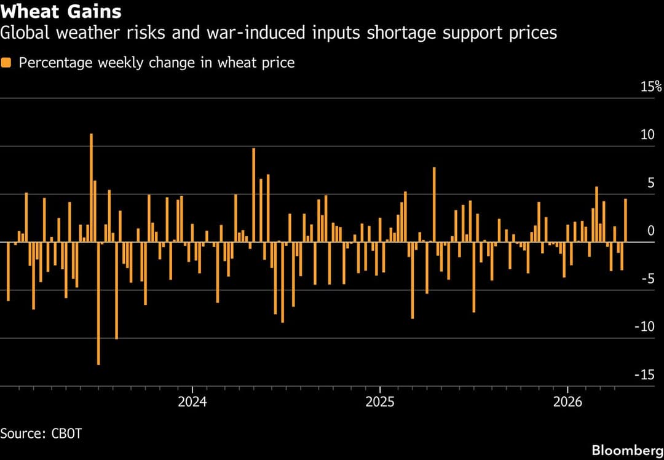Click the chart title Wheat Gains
61,12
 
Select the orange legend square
6,63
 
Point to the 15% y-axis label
651,87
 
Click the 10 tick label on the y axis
647,135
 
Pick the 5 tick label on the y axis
651,183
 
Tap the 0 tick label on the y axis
651,231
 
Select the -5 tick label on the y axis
647,279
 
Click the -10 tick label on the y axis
645,327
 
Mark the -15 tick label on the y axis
645,375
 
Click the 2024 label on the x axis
192,403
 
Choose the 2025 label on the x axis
380,403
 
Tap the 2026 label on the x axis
567,403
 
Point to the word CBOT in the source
65,434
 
